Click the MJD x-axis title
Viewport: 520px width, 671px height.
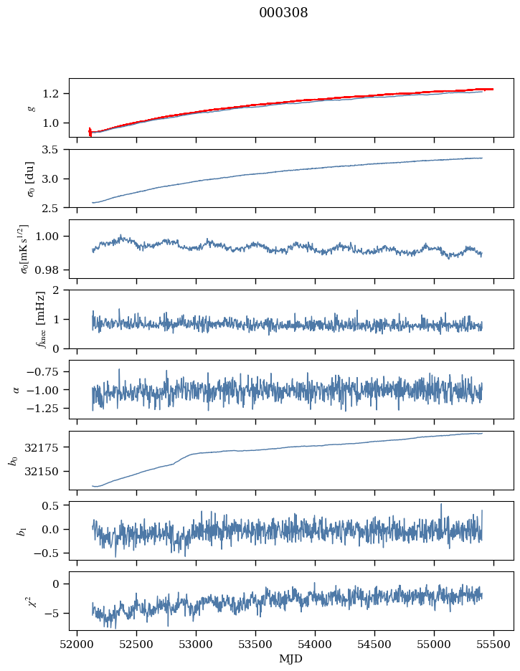click(291, 659)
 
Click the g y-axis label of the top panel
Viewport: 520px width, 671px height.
click(31, 108)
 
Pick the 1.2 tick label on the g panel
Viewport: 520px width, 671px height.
click(54, 94)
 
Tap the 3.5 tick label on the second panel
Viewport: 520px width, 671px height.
click(54, 150)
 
